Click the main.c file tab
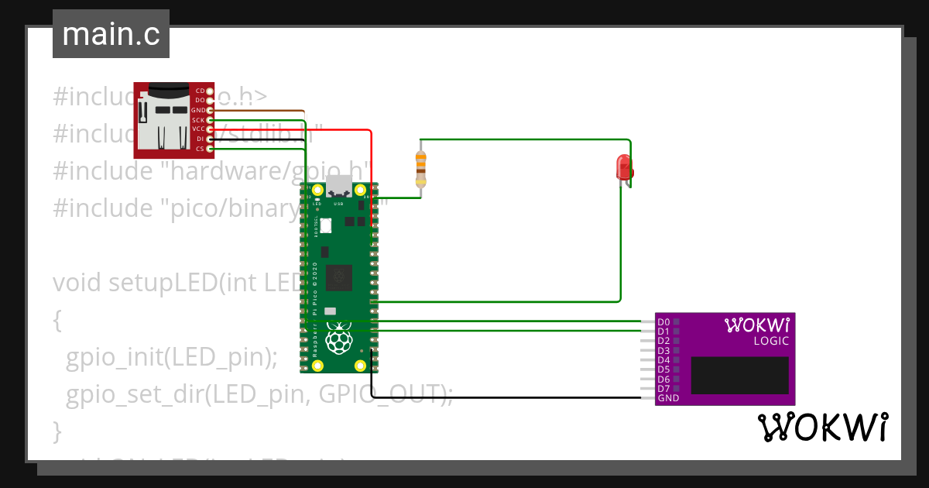click(x=111, y=35)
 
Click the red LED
click(x=623, y=167)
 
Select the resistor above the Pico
click(x=420, y=164)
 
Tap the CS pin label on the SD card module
click(x=199, y=148)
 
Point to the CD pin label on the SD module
click(x=200, y=91)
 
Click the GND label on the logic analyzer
click(x=668, y=398)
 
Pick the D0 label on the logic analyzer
click(x=663, y=321)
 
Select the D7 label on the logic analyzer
click(x=663, y=389)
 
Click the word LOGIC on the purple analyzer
click(x=771, y=341)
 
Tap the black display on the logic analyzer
click(x=739, y=376)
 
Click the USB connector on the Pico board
click(x=338, y=187)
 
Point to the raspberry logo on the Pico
click(x=338, y=339)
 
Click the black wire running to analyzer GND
click(x=503, y=398)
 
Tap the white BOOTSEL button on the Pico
click(x=325, y=225)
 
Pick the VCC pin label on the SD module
click(x=198, y=129)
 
